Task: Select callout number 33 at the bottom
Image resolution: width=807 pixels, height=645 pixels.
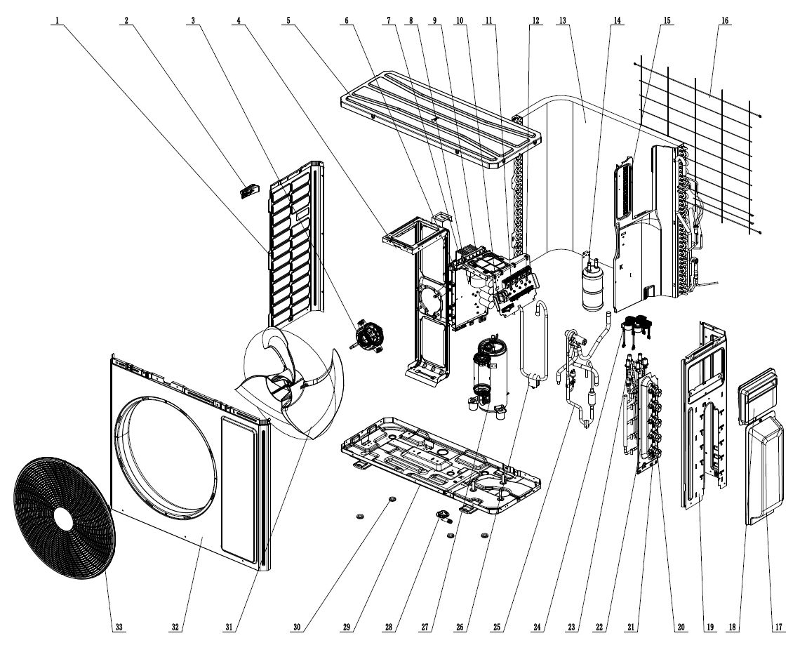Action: [118, 627]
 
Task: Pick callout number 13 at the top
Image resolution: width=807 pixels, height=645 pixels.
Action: [563, 20]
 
